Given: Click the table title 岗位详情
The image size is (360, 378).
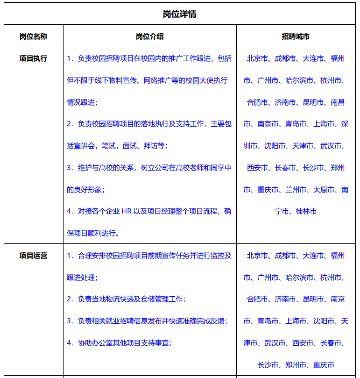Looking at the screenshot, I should point(179,14).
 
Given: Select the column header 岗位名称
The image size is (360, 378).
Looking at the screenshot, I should point(33,36).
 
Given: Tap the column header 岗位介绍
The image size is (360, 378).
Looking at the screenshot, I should point(149,36).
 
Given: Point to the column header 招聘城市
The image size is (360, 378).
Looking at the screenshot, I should point(296,36).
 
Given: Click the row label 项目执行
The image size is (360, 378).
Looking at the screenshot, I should point(33,59).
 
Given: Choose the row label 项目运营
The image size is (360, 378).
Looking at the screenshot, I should point(33,256).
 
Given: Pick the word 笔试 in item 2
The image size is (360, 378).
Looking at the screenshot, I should point(109,146).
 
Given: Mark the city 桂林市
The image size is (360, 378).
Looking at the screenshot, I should point(306,211).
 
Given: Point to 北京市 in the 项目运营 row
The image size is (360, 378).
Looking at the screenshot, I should point(257,256).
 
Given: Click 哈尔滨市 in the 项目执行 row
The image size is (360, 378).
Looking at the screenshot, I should point(299,80).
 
